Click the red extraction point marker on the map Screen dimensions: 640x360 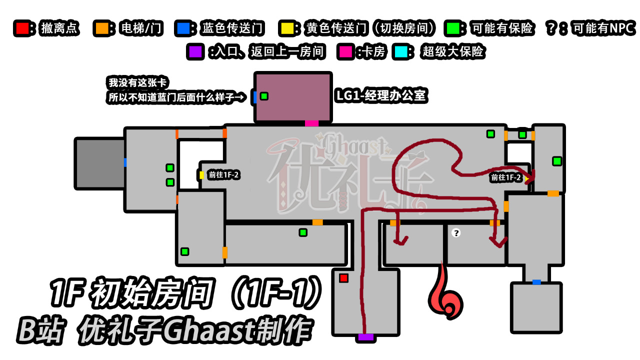pyautogui.click(x=343, y=278)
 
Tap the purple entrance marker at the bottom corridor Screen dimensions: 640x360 pyautogui.click(x=365, y=337)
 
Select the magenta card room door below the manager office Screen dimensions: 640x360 pyautogui.click(x=311, y=123)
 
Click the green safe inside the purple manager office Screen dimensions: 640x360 pyautogui.click(x=264, y=96)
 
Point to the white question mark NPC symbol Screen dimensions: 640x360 pyautogui.click(x=456, y=233)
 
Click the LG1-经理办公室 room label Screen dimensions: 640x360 pyautogui.click(x=381, y=95)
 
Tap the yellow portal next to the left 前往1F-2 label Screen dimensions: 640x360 pyautogui.click(x=201, y=175)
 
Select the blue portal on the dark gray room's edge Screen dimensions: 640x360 pyautogui.click(x=125, y=162)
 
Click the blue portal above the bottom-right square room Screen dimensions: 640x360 pyautogui.click(x=536, y=282)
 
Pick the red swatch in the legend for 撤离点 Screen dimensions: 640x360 pyautogui.click(x=22, y=28)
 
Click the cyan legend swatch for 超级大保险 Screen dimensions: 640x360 pyautogui.click(x=400, y=51)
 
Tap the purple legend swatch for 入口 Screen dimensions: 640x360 pyautogui.click(x=195, y=51)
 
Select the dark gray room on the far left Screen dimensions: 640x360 pyautogui.click(x=99, y=163)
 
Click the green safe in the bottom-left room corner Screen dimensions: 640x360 pyautogui.click(x=184, y=251)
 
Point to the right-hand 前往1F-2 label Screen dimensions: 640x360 pyautogui.click(x=505, y=177)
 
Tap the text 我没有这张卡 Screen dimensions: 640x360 pyautogui.click(x=137, y=82)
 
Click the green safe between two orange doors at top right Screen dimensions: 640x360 pyautogui.click(x=522, y=134)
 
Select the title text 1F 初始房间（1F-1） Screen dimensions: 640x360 pyautogui.click(x=185, y=293)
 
